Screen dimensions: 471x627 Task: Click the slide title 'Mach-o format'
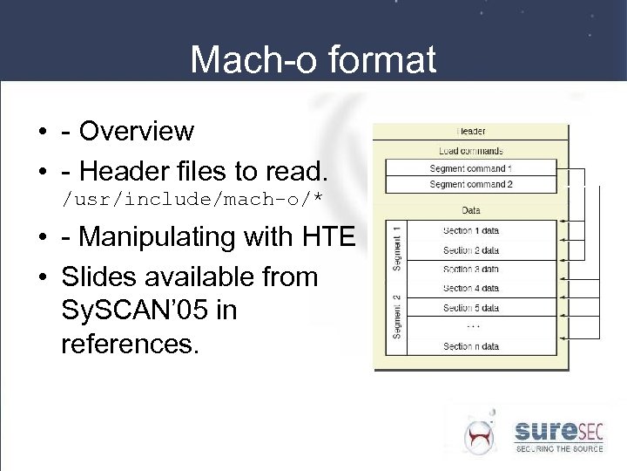click(x=313, y=60)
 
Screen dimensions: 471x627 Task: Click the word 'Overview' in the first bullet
click(x=137, y=132)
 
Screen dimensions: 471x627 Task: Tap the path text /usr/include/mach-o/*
click(x=192, y=200)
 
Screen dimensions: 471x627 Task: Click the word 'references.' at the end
click(x=130, y=344)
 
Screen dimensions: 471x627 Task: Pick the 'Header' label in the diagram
click(x=470, y=132)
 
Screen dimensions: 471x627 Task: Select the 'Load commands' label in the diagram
click(x=470, y=150)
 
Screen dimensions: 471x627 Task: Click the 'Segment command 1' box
click(x=470, y=168)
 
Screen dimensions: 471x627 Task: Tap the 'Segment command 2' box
click(x=470, y=185)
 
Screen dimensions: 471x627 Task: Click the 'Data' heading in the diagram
click(x=470, y=210)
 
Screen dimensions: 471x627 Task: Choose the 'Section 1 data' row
click(x=470, y=231)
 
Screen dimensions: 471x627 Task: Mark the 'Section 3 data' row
click(x=470, y=270)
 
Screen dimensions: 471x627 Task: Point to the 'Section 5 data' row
click(x=470, y=308)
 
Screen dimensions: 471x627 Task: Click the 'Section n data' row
click(x=470, y=346)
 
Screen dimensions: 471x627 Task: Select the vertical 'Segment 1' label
click(x=396, y=249)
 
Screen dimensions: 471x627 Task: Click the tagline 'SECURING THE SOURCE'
click(x=559, y=449)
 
